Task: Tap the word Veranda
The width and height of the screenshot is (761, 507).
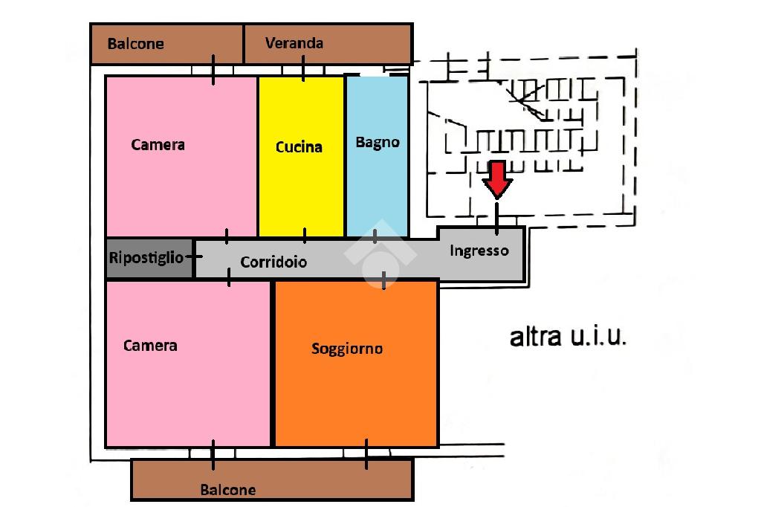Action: pos(294,43)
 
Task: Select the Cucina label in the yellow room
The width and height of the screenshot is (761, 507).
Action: pos(299,146)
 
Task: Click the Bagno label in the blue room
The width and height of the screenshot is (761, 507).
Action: pos(378,142)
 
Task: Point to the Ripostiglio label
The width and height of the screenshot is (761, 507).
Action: pos(146,257)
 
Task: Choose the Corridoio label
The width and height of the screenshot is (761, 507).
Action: pos(273,262)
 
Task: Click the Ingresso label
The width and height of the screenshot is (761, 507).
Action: pos(479,251)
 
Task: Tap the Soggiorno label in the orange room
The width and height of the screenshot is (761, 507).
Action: pos(347,349)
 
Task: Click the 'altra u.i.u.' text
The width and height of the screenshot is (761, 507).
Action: pos(568,336)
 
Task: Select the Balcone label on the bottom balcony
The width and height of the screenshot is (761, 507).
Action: pos(228,489)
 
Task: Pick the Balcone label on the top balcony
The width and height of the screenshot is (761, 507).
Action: pos(135,44)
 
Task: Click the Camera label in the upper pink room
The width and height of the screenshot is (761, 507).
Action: pos(158,145)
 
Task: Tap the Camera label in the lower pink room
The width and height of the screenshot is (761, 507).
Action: pos(150,346)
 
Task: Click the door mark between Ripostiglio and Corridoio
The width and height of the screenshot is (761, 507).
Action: pos(194,256)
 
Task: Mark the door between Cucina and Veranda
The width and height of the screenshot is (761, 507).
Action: pos(303,68)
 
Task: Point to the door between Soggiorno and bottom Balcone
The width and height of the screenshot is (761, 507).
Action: pos(366,454)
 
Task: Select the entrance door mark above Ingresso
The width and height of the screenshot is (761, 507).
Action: pos(496,219)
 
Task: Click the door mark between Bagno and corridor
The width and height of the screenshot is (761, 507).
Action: pos(375,236)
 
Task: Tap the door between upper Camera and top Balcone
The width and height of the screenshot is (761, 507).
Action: pos(213,70)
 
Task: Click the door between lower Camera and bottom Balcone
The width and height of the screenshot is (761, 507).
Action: pos(213,455)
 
